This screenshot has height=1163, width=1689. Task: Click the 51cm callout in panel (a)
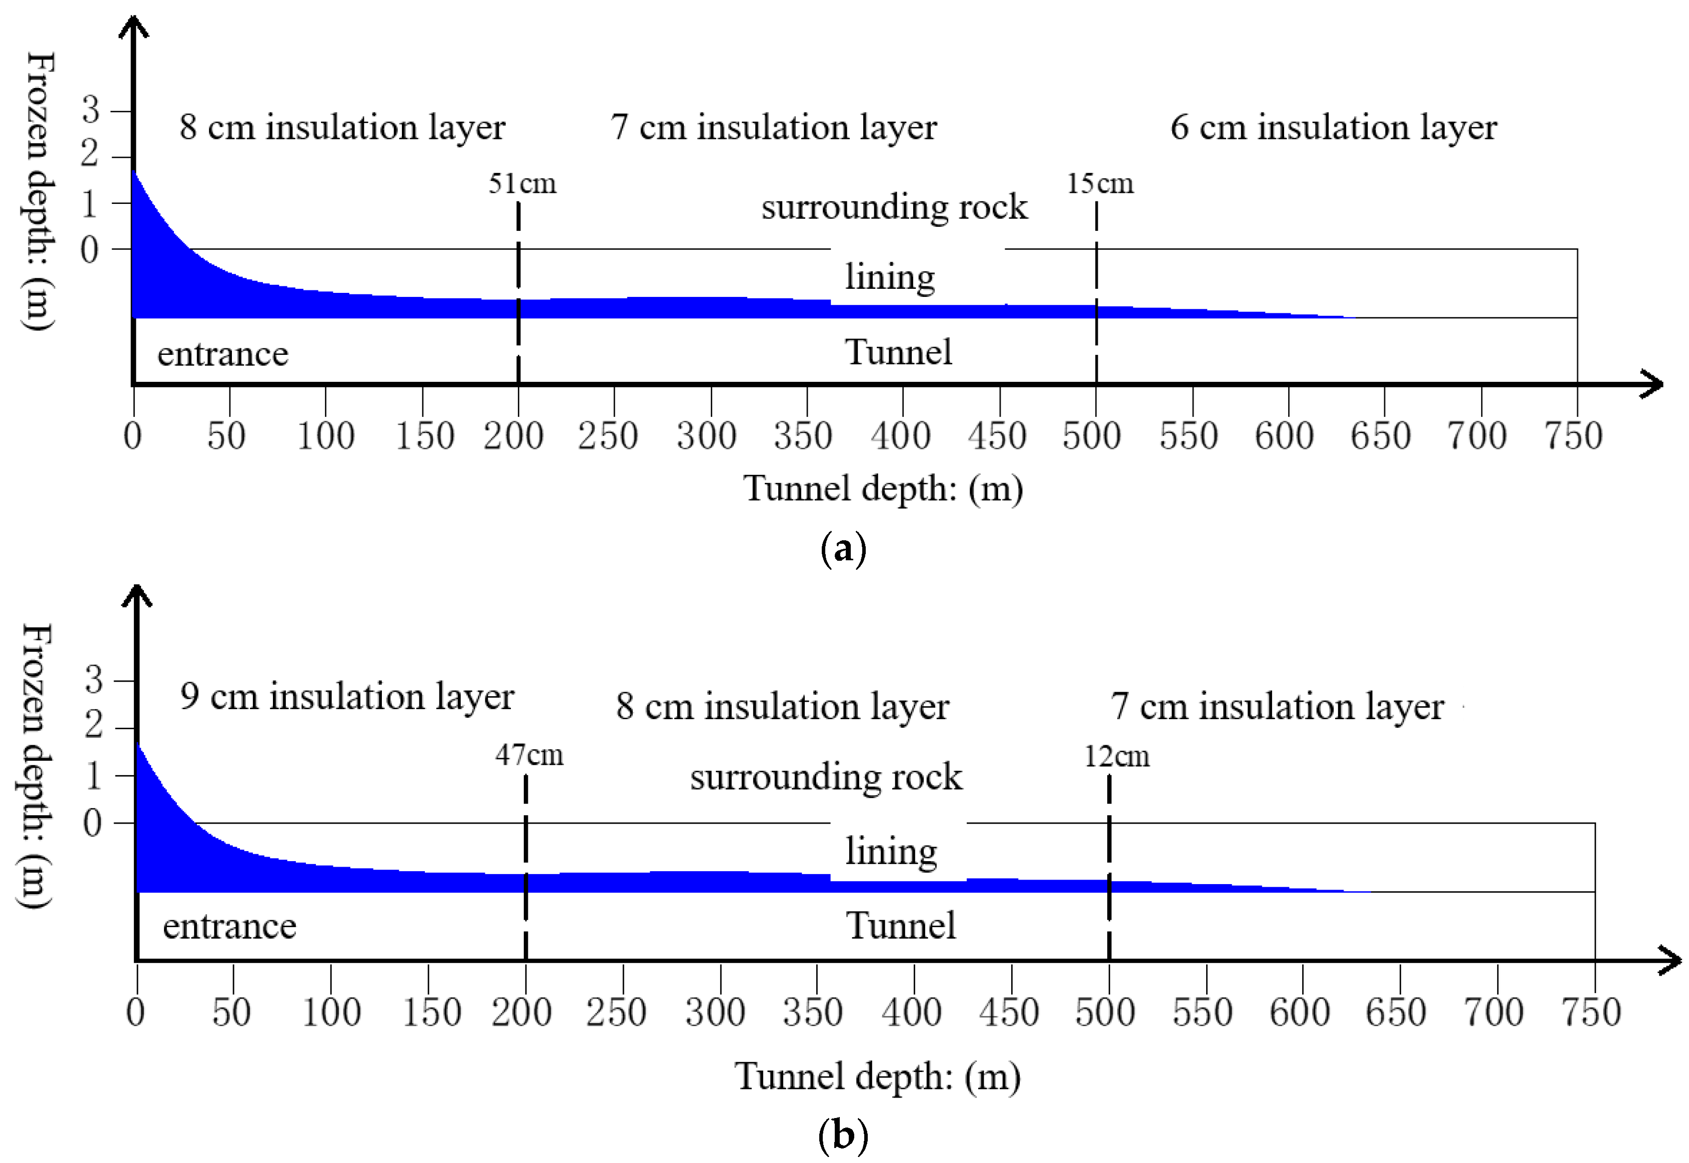pyautogui.click(x=522, y=183)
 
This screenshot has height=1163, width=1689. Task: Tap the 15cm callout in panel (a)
pyautogui.click(x=1100, y=183)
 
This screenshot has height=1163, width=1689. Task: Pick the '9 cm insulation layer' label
pyautogui.click(x=347, y=697)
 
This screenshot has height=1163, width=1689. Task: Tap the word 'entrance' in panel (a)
pyautogui.click(x=223, y=354)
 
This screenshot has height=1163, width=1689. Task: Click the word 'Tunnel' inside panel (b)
pyautogui.click(x=901, y=926)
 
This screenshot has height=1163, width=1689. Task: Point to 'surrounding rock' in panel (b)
pyautogui.click(x=826, y=777)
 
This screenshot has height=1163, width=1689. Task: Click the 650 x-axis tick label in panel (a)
pyautogui.click(x=1380, y=436)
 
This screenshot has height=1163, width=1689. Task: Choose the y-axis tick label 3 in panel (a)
pyautogui.click(x=90, y=111)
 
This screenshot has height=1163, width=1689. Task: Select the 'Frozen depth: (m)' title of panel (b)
pyautogui.click(x=34, y=766)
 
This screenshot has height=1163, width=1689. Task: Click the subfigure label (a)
pyautogui.click(x=843, y=548)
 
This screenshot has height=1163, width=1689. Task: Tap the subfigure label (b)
pyautogui.click(x=843, y=1135)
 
